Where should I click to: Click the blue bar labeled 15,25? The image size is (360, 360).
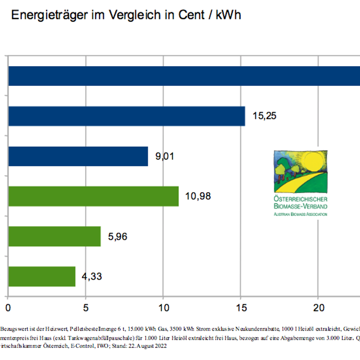coord(126,116)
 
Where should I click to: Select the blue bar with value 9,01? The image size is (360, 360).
coord(78,156)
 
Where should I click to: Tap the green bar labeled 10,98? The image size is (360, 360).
coord(93,196)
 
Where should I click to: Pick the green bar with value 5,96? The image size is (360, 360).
coord(54,236)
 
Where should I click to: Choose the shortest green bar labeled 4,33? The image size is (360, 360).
coord(42,276)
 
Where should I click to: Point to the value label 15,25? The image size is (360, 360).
coord(265,116)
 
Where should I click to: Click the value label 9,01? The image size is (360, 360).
coord(165,157)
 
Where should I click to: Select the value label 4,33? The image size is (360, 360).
coord(92,276)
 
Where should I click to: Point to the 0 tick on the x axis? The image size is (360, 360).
coord(8,308)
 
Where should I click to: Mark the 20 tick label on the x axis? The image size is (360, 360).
coord(318,308)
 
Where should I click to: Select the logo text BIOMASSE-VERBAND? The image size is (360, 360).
coord(301,206)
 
